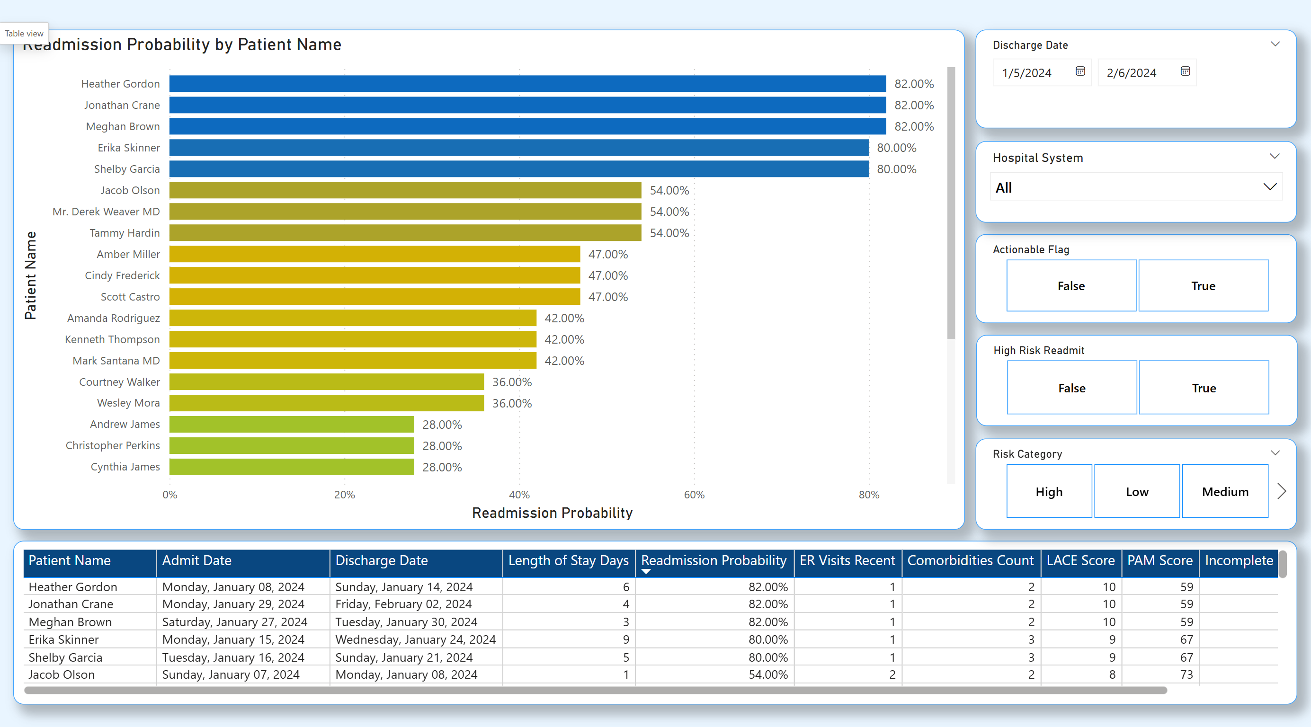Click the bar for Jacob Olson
coord(405,190)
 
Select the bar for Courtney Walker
coord(326,382)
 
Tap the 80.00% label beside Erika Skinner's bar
coord(896,148)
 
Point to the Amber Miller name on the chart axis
coord(128,254)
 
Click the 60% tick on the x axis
coord(694,495)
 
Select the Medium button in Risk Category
coord(1224,491)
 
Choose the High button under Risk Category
coord(1049,491)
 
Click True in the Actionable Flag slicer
coord(1203,286)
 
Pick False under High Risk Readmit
coord(1072,388)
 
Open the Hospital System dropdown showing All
coord(1136,188)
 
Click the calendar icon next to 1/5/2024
coord(1080,72)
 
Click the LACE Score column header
coord(1080,561)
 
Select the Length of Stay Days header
coord(568,561)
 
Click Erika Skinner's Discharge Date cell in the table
coord(415,639)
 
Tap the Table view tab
coord(24,34)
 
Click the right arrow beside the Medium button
coord(1282,491)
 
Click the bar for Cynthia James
coord(292,467)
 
